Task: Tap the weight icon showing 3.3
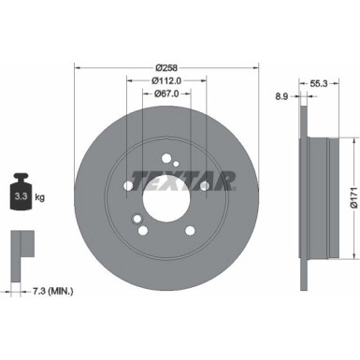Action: [x=22, y=195]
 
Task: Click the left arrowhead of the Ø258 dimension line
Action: [x=78, y=68]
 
